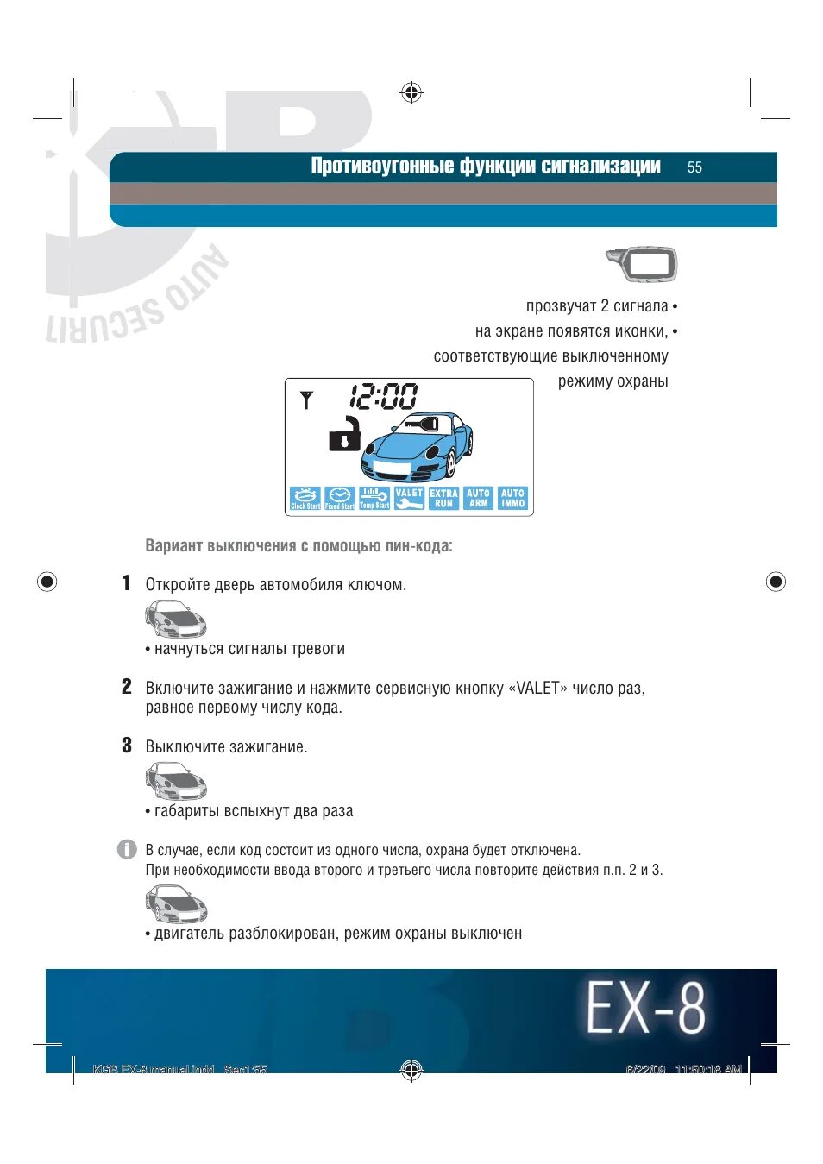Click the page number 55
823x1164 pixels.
(694, 167)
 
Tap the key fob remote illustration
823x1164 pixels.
(642, 264)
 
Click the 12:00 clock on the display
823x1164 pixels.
(383, 397)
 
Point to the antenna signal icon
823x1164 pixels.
(306, 400)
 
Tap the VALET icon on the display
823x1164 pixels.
(409, 499)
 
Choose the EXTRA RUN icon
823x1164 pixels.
(443, 499)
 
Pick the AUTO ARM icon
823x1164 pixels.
(478, 499)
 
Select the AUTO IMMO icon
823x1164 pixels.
(512, 499)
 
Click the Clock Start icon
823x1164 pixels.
(305, 499)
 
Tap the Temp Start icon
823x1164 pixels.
(374, 499)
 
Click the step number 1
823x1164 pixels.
(126, 583)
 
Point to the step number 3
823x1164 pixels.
(126, 746)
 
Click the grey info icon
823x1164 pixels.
(127, 849)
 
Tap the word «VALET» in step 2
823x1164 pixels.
(538, 689)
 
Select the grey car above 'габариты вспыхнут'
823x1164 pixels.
(176, 782)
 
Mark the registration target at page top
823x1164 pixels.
(411, 92)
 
